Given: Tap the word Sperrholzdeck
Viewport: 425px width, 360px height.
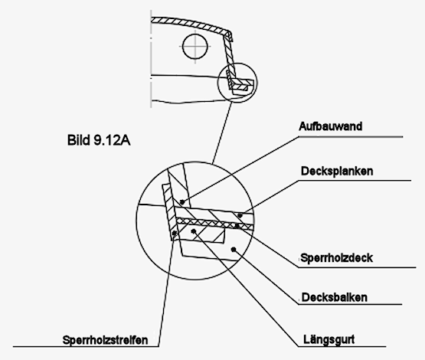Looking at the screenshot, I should tap(338, 257).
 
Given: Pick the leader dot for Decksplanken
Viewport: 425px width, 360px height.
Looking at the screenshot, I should tap(238, 215).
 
